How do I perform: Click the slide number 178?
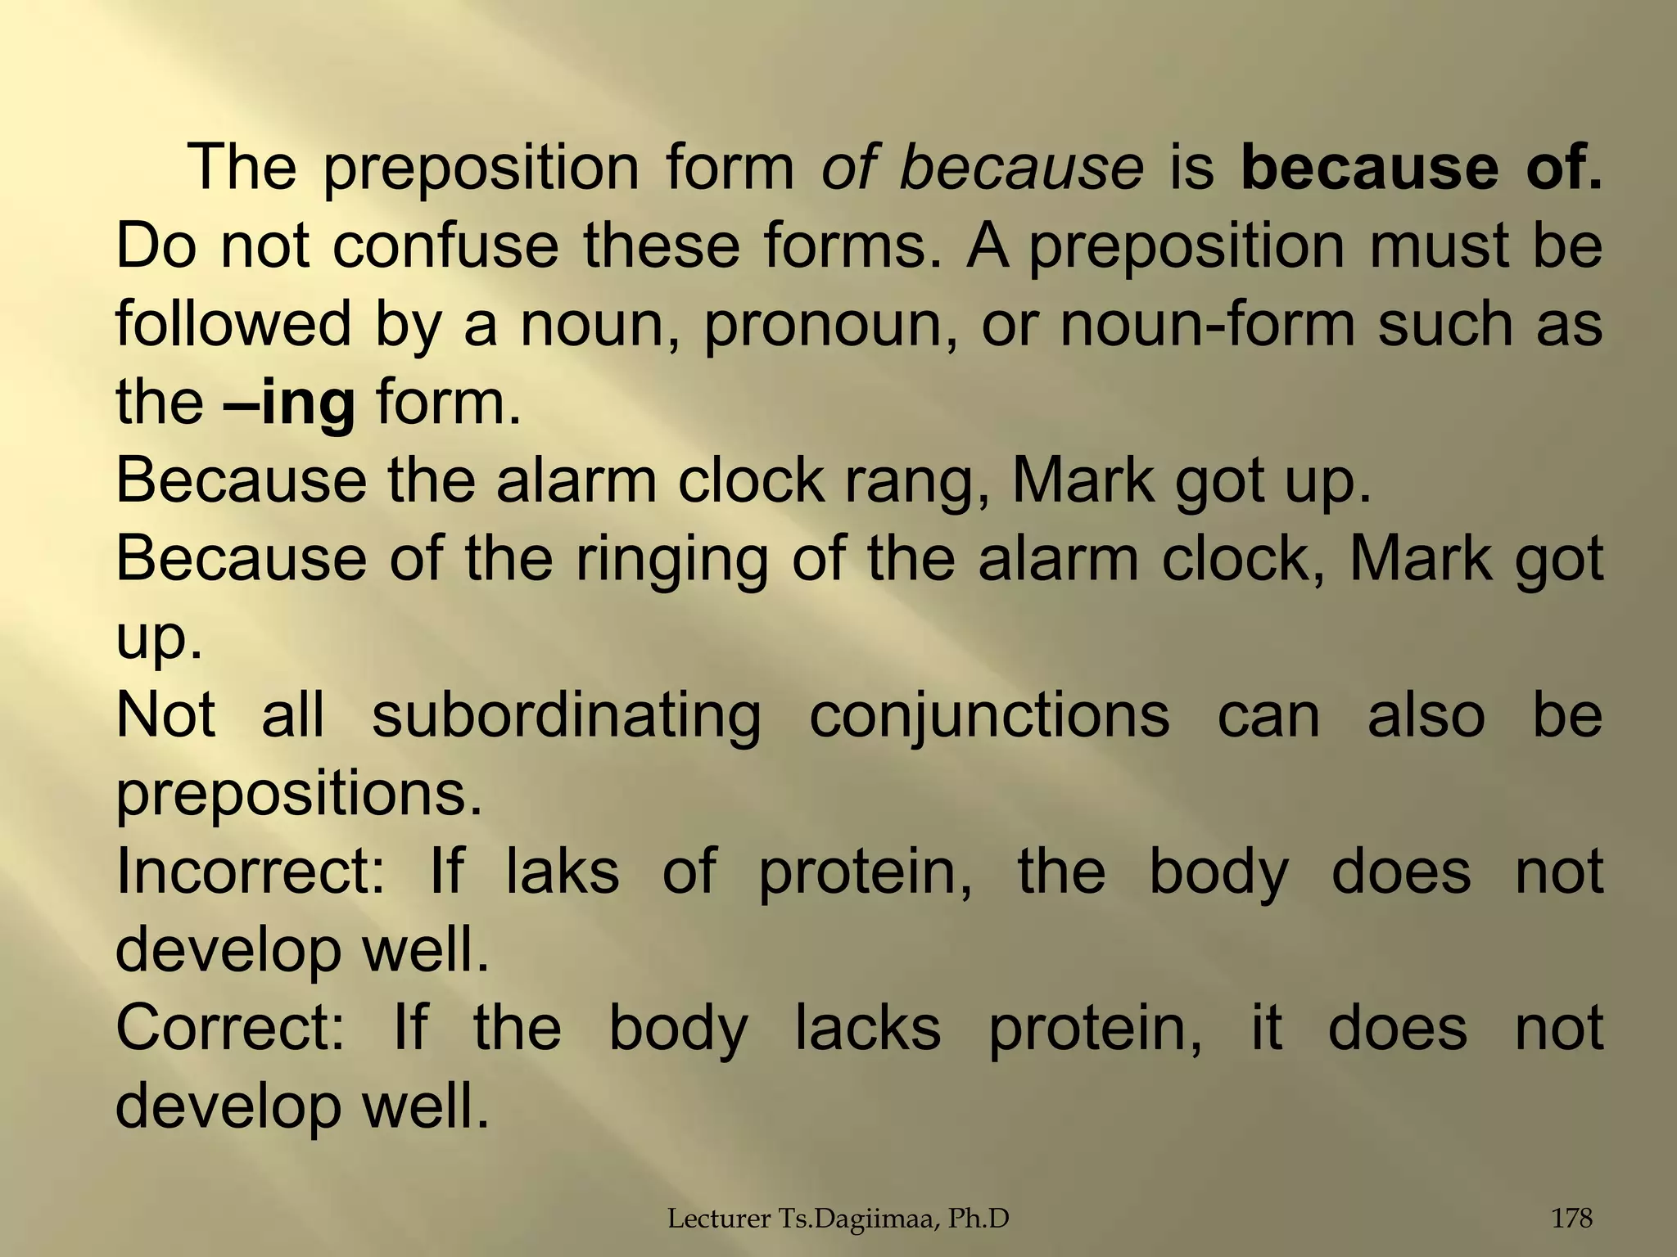(1572, 1219)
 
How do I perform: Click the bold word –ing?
(289, 403)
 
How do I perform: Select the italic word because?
(1021, 168)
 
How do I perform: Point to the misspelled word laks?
(563, 872)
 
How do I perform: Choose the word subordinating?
(567, 716)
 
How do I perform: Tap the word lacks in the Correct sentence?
(868, 1029)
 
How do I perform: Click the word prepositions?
(299, 795)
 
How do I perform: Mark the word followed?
(233, 324)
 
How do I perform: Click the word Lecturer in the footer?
(709, 1219)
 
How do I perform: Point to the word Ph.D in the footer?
(979, 1219)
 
